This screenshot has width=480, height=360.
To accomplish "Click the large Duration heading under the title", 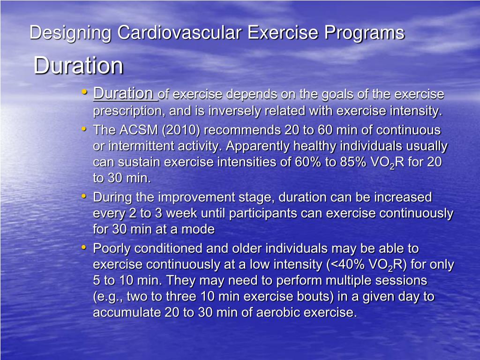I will point(78,66).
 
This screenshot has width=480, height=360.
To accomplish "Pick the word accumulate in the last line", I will point(127,313).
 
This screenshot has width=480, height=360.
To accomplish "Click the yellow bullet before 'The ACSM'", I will point(84,128).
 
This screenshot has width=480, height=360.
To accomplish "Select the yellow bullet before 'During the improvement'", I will point(84,196).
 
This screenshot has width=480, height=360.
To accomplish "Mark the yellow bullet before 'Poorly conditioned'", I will point(84,247).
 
